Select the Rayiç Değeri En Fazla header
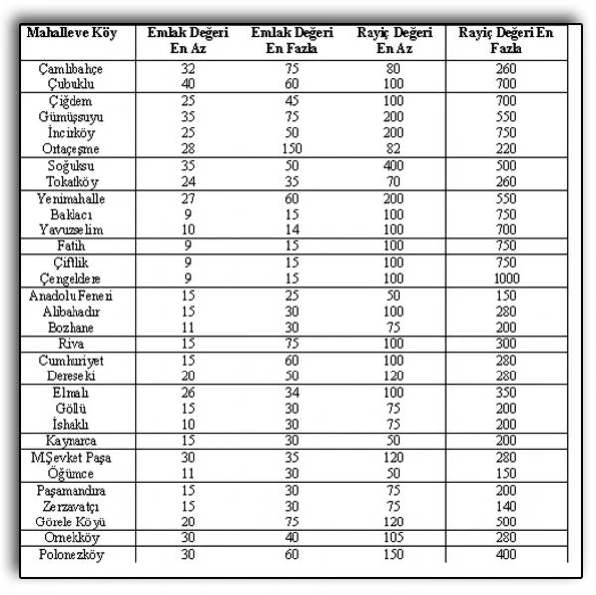[x=506, y=40]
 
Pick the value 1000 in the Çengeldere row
[x=506, y=279]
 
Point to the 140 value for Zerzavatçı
[x=506, y=506]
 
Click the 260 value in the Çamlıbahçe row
[x=506, y=69]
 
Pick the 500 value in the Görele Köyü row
[x=506, y=521]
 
